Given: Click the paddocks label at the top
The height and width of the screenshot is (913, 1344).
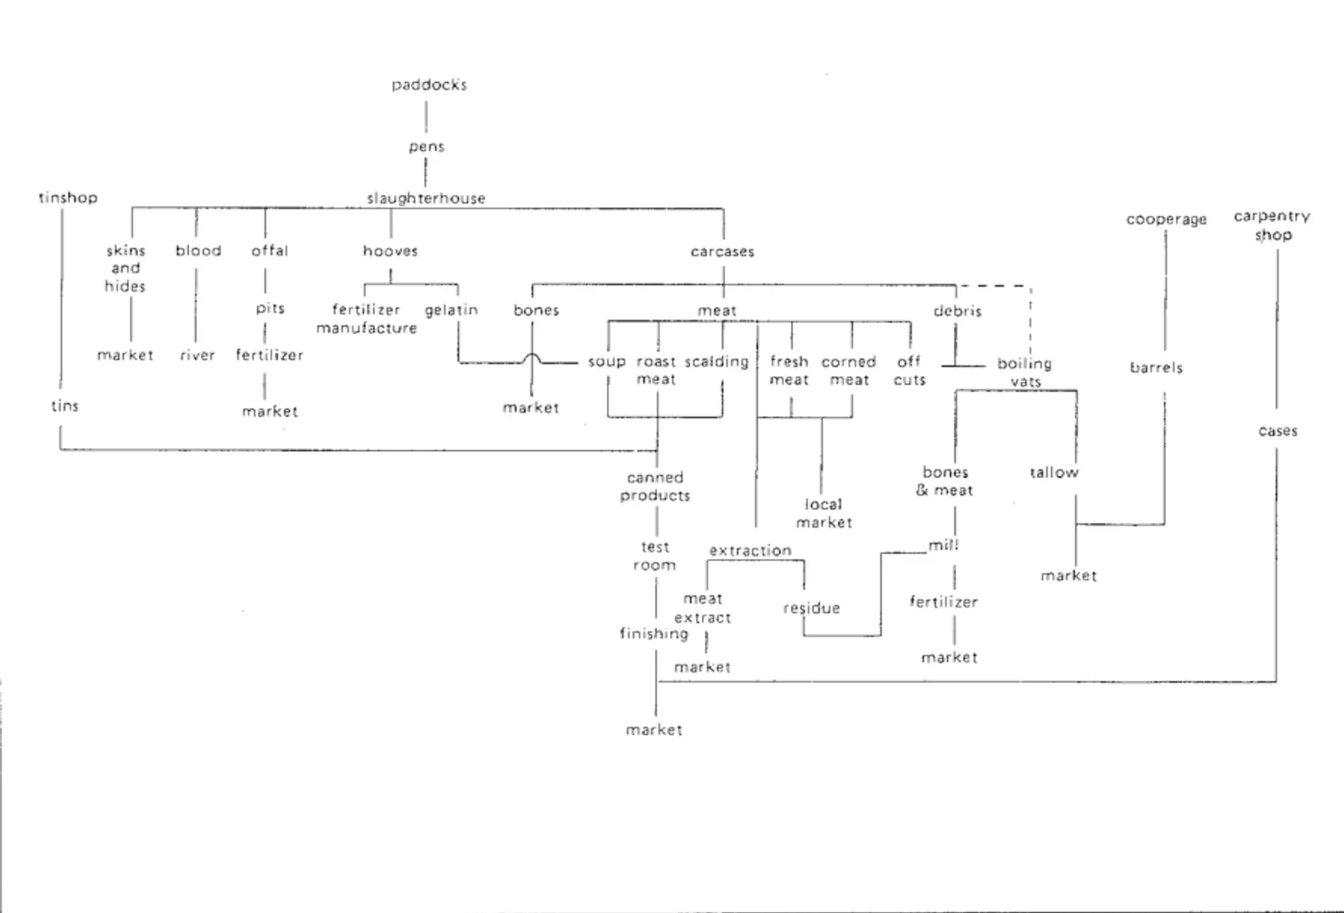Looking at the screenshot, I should coord(429,85).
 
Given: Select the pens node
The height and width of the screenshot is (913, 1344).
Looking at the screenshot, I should coord(426,147).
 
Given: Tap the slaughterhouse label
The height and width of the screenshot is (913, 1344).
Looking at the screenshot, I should coord(426,198).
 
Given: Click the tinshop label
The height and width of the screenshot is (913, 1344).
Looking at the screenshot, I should coord(68,198).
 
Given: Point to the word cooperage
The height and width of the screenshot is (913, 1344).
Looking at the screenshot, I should coord(1166,219).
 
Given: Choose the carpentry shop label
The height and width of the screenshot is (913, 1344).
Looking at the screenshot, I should coord(1272,225).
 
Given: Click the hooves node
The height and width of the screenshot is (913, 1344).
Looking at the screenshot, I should coord(390,251).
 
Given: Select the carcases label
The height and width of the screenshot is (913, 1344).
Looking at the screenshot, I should coord(722,252).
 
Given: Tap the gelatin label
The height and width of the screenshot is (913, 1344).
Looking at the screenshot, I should coord(451,310).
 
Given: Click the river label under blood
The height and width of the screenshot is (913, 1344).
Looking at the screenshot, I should coord(197,355).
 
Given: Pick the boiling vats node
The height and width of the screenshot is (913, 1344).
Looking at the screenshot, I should coord(1024,372).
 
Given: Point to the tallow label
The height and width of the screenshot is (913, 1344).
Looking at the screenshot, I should coord(1053,472).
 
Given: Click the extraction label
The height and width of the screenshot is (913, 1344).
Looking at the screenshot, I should coord(750,551).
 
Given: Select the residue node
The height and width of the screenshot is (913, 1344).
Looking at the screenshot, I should coord(811,608).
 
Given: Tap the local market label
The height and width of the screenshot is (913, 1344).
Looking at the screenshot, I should coord(823,513).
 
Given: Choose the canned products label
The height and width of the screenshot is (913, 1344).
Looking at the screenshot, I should coord(655,487).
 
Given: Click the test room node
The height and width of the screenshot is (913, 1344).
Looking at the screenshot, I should coord(654,556).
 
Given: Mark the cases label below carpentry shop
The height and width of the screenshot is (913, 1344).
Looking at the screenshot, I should coord(1277,431).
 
